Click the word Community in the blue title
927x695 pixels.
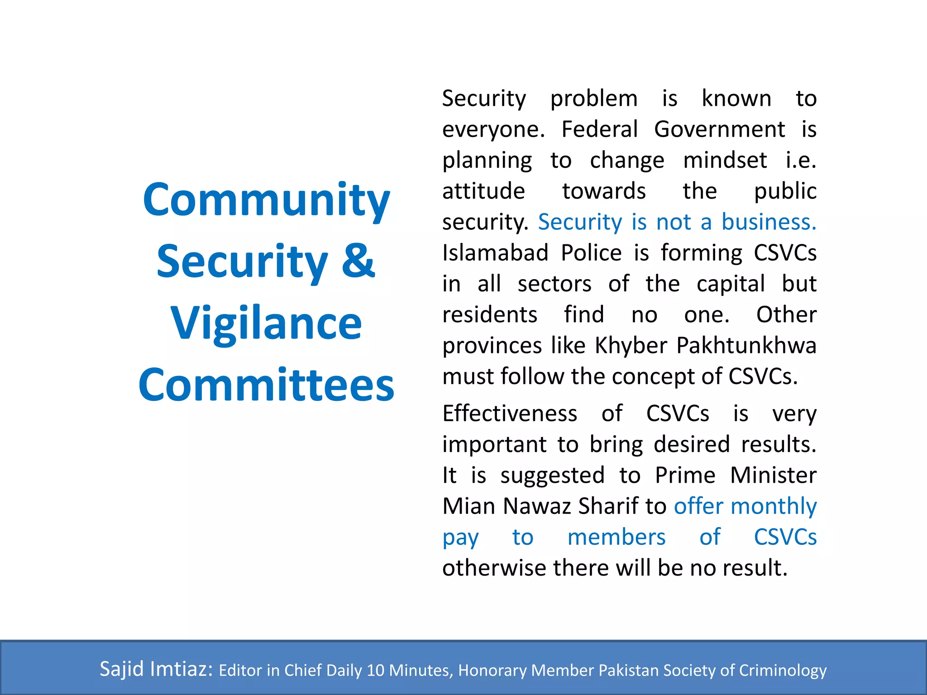(266, 200)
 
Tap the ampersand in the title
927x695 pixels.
(358, 261)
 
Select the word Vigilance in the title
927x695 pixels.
(266, 324)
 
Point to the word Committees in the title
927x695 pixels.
(266, 385)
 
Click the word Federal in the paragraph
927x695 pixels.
(599, 129)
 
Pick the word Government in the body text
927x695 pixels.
(719, 129)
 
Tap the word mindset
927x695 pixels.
(725, 160)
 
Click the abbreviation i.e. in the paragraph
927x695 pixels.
(801, 160)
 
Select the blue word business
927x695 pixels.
(769, 222)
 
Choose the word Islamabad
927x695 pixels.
(495, 253)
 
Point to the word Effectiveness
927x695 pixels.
(510, 414)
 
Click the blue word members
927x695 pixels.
(616, 537)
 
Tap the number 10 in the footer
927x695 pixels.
(375, 670)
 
